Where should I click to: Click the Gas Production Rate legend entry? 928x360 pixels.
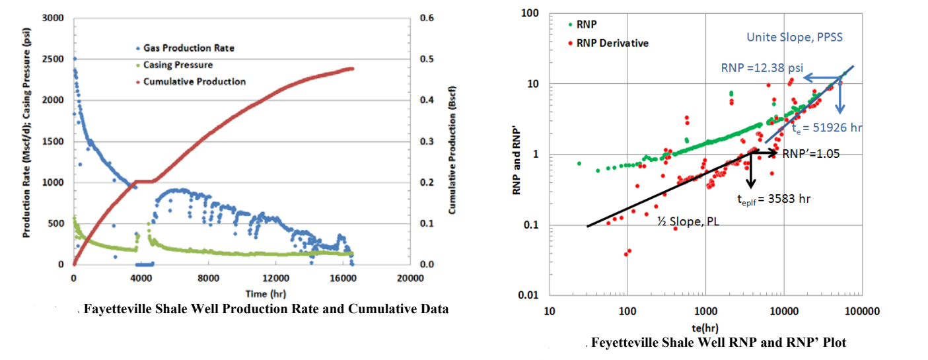pos(188,48)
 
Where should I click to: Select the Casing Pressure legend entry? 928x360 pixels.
pos(178,65)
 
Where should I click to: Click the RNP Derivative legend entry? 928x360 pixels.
pos(612,43)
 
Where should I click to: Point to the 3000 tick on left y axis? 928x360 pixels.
pos(54,18)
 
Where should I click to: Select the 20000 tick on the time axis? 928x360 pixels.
pos(410,278)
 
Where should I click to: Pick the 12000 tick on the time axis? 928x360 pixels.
pos(275,278)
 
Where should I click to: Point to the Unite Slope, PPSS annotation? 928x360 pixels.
pos(795,38)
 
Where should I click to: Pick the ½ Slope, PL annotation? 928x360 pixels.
pos(688,223)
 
